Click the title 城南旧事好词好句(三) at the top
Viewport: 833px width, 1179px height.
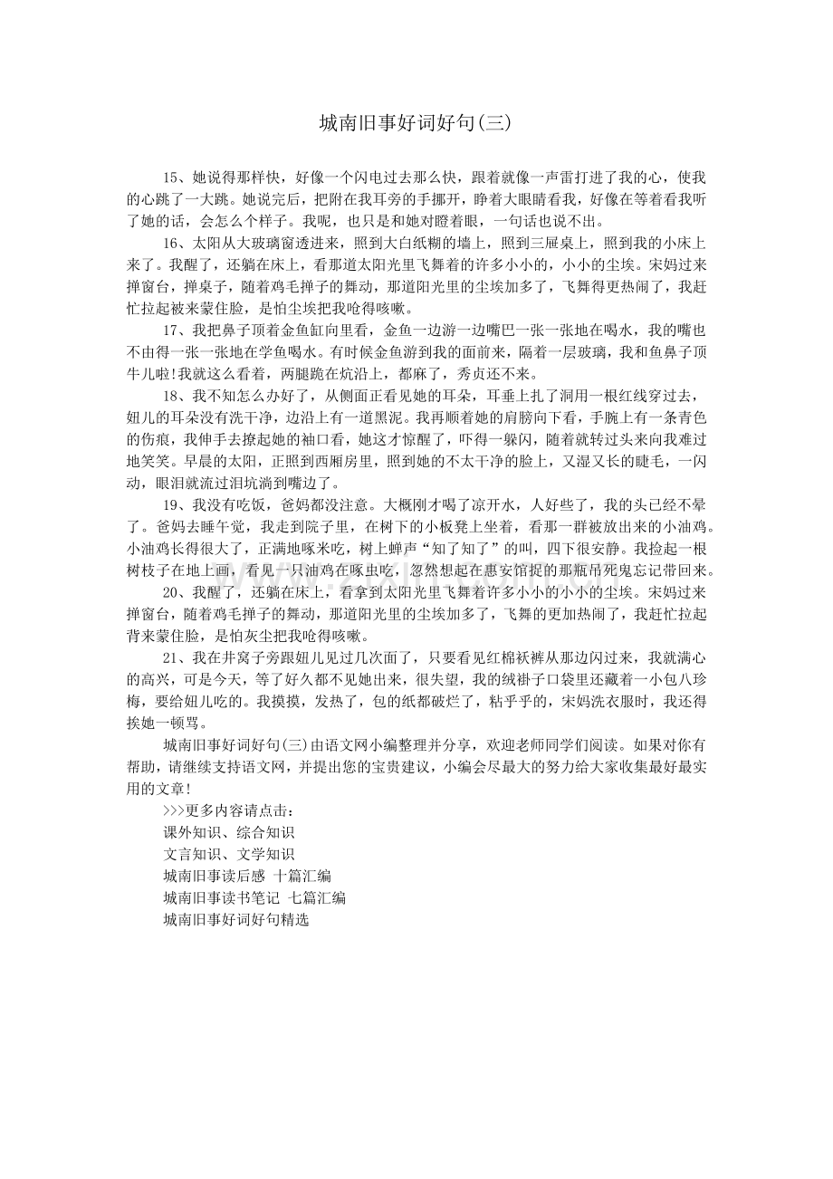point(416,123)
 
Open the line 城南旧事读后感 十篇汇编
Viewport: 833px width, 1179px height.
point(247,877)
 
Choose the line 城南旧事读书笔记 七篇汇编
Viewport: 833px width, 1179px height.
point(254,898)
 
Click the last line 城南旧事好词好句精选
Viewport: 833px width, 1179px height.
point(236,920)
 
